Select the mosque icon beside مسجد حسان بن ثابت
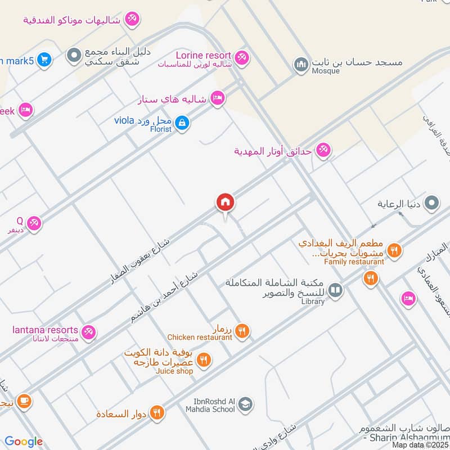click(x=301, y=65)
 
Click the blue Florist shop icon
click(x=181, y=122)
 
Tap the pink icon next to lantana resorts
click(x=88, y=332)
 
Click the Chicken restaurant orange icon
click(x=242, y=331)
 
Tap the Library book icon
click(x=335, y=290)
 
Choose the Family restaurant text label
click(x=354, y=262)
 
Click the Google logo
click(x=24, y=442)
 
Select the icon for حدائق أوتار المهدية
click(x=323, y=151)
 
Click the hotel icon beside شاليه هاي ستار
click(x=217, y=99)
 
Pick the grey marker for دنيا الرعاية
click(x=431, y=203)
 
